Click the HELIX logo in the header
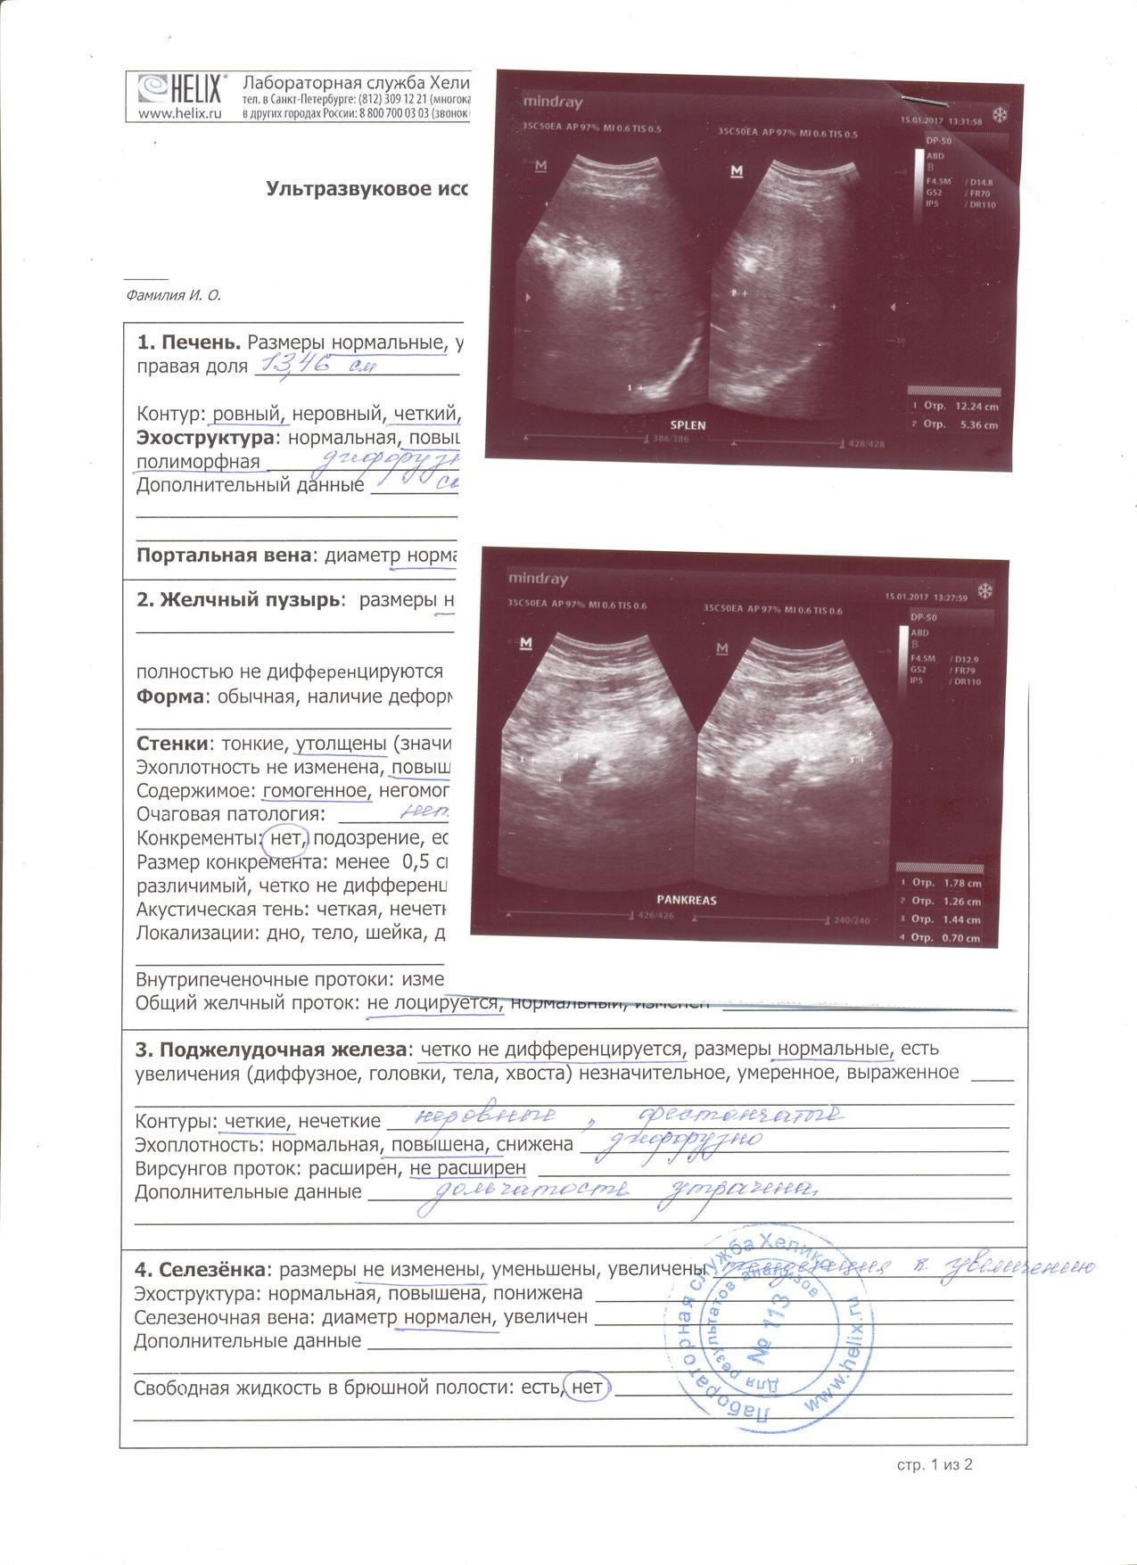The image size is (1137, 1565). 178,88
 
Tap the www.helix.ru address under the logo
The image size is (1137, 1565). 180,113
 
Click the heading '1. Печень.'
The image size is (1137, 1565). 188,342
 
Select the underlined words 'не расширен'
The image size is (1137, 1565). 467,1167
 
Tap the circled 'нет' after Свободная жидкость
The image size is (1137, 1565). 587,1388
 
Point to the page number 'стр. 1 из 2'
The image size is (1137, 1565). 934,1464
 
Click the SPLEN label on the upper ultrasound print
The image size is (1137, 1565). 688,424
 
